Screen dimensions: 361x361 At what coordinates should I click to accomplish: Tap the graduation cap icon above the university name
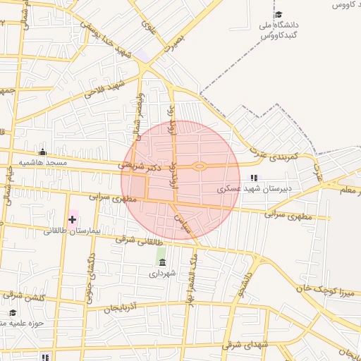[x=279, y=15]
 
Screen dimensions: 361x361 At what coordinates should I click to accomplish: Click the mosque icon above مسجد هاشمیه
[x=43, y=152]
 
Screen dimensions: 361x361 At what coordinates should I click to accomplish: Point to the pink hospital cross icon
[x=72, y=220]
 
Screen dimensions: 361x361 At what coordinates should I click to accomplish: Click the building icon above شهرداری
[x=162, y=262]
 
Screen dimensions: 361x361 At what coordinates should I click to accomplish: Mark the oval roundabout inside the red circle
[x=200, y=166]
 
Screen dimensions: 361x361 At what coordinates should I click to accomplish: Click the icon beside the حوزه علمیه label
[x=12, y=312]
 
